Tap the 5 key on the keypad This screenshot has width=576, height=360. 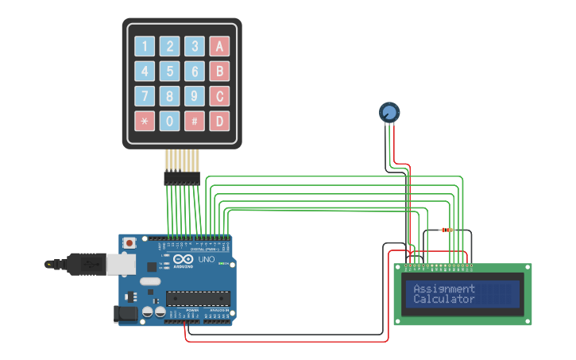coord(169,72)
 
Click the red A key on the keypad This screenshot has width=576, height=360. coord(219,46)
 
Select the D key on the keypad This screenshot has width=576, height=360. coord(219,122)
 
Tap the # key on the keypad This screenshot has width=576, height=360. coord(195,122)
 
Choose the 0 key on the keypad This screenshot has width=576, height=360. coord(169,122)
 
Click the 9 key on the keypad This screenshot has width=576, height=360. coord(195,96)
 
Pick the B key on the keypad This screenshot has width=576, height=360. coord(219,72)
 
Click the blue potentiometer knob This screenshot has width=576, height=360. coord(389,113)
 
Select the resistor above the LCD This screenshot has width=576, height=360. coord(446,230)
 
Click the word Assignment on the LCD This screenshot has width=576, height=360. coord(444,288)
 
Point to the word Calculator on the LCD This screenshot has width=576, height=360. coord(444,300)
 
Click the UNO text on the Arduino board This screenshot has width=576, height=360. coord(206,260)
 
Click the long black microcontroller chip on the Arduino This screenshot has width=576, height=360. coord(198,299)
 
